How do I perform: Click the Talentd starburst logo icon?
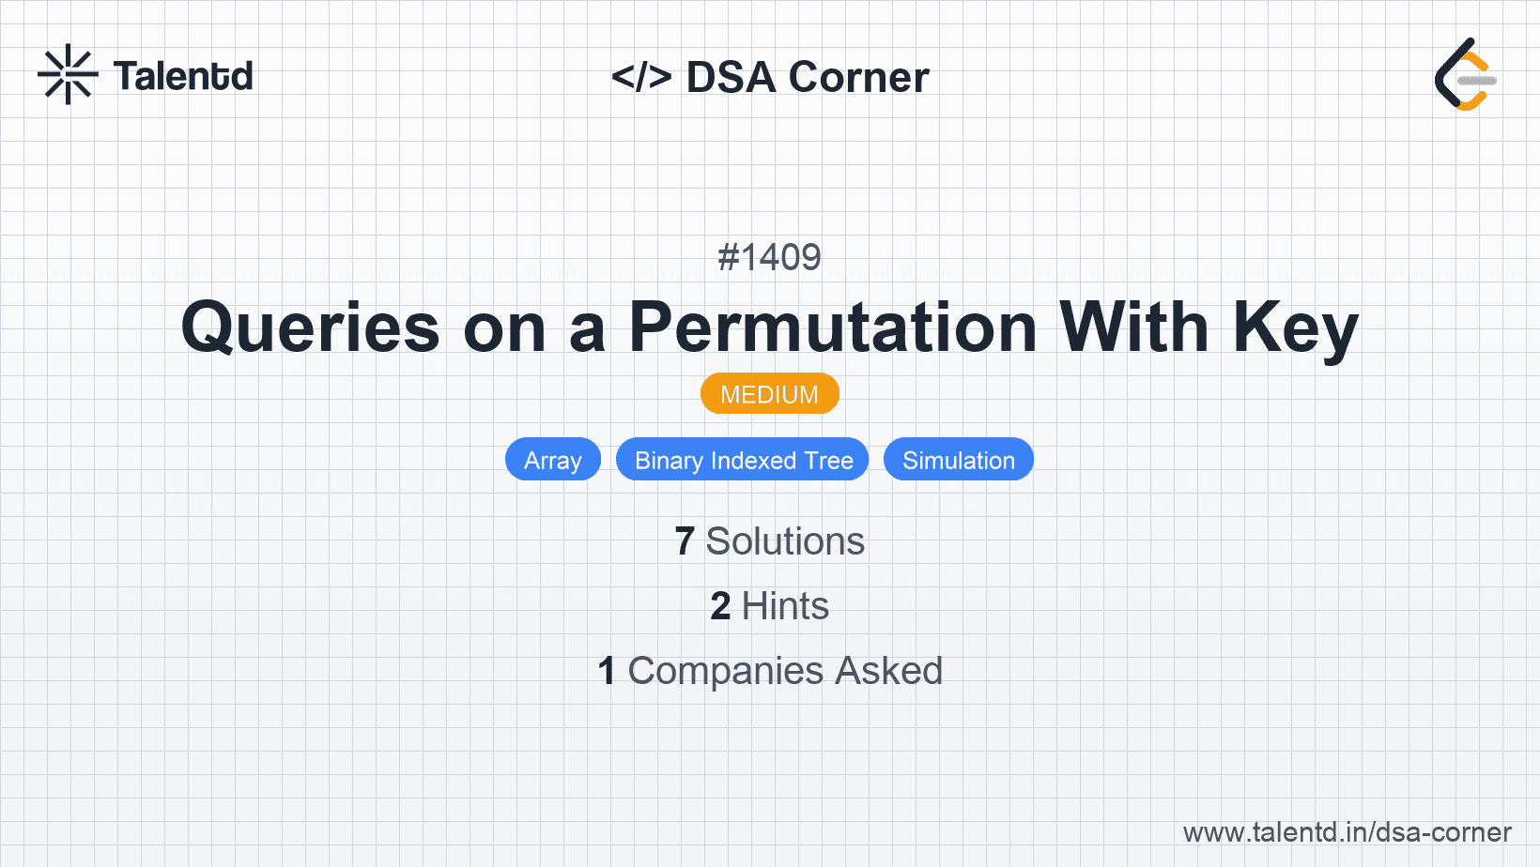pos(68,74)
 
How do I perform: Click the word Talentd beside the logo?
pos(183,76)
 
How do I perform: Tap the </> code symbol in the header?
pos(641,77)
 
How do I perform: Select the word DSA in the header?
pos(731,77)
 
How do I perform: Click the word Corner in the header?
pos(858,77)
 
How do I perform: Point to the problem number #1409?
pos(769,258)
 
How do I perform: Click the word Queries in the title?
pos(310,328)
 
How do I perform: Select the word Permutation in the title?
pos(833,327)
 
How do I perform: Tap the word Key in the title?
pos(1295,329)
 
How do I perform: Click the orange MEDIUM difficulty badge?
pos(769,394)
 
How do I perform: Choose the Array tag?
pos(553,460)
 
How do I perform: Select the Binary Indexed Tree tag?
pos(743,460)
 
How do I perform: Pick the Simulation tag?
pos(959,460)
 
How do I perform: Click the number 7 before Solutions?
pos(685,541)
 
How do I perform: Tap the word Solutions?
pos(785,541)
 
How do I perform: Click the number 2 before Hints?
pos(720,606)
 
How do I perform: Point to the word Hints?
pos(785,606)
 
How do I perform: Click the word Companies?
pos(725,671)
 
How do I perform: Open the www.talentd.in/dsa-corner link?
pos(1347,832)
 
